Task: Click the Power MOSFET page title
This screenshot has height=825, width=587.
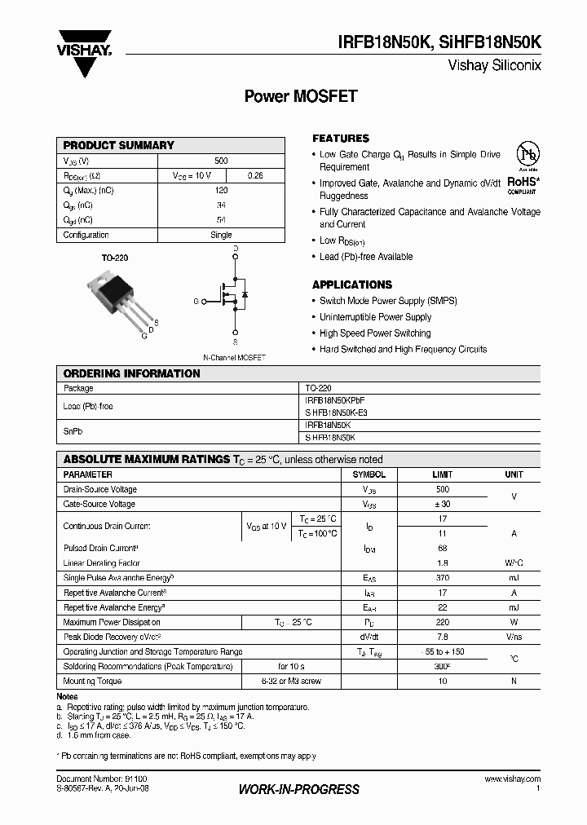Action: point(301,96)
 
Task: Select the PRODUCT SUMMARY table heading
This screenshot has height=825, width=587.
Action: point(119,145)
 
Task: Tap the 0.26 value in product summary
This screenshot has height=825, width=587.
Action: point(255,176)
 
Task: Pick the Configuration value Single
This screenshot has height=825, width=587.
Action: point(221,235)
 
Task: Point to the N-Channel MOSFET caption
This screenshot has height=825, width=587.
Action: point(234,357)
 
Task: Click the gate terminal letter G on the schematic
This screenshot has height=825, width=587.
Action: point(196,302)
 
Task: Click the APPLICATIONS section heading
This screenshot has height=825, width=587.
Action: point(352,285)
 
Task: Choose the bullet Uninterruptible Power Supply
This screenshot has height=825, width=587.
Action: point(375,317)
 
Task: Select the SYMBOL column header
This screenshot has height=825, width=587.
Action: point(369,474)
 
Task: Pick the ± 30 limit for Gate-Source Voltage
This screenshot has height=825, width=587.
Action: point(443,505)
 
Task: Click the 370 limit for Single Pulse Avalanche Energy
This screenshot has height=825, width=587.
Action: point(443,577)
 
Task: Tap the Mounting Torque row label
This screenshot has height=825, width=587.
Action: point(93,681)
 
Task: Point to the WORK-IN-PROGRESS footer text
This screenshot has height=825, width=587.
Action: point(298,789)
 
